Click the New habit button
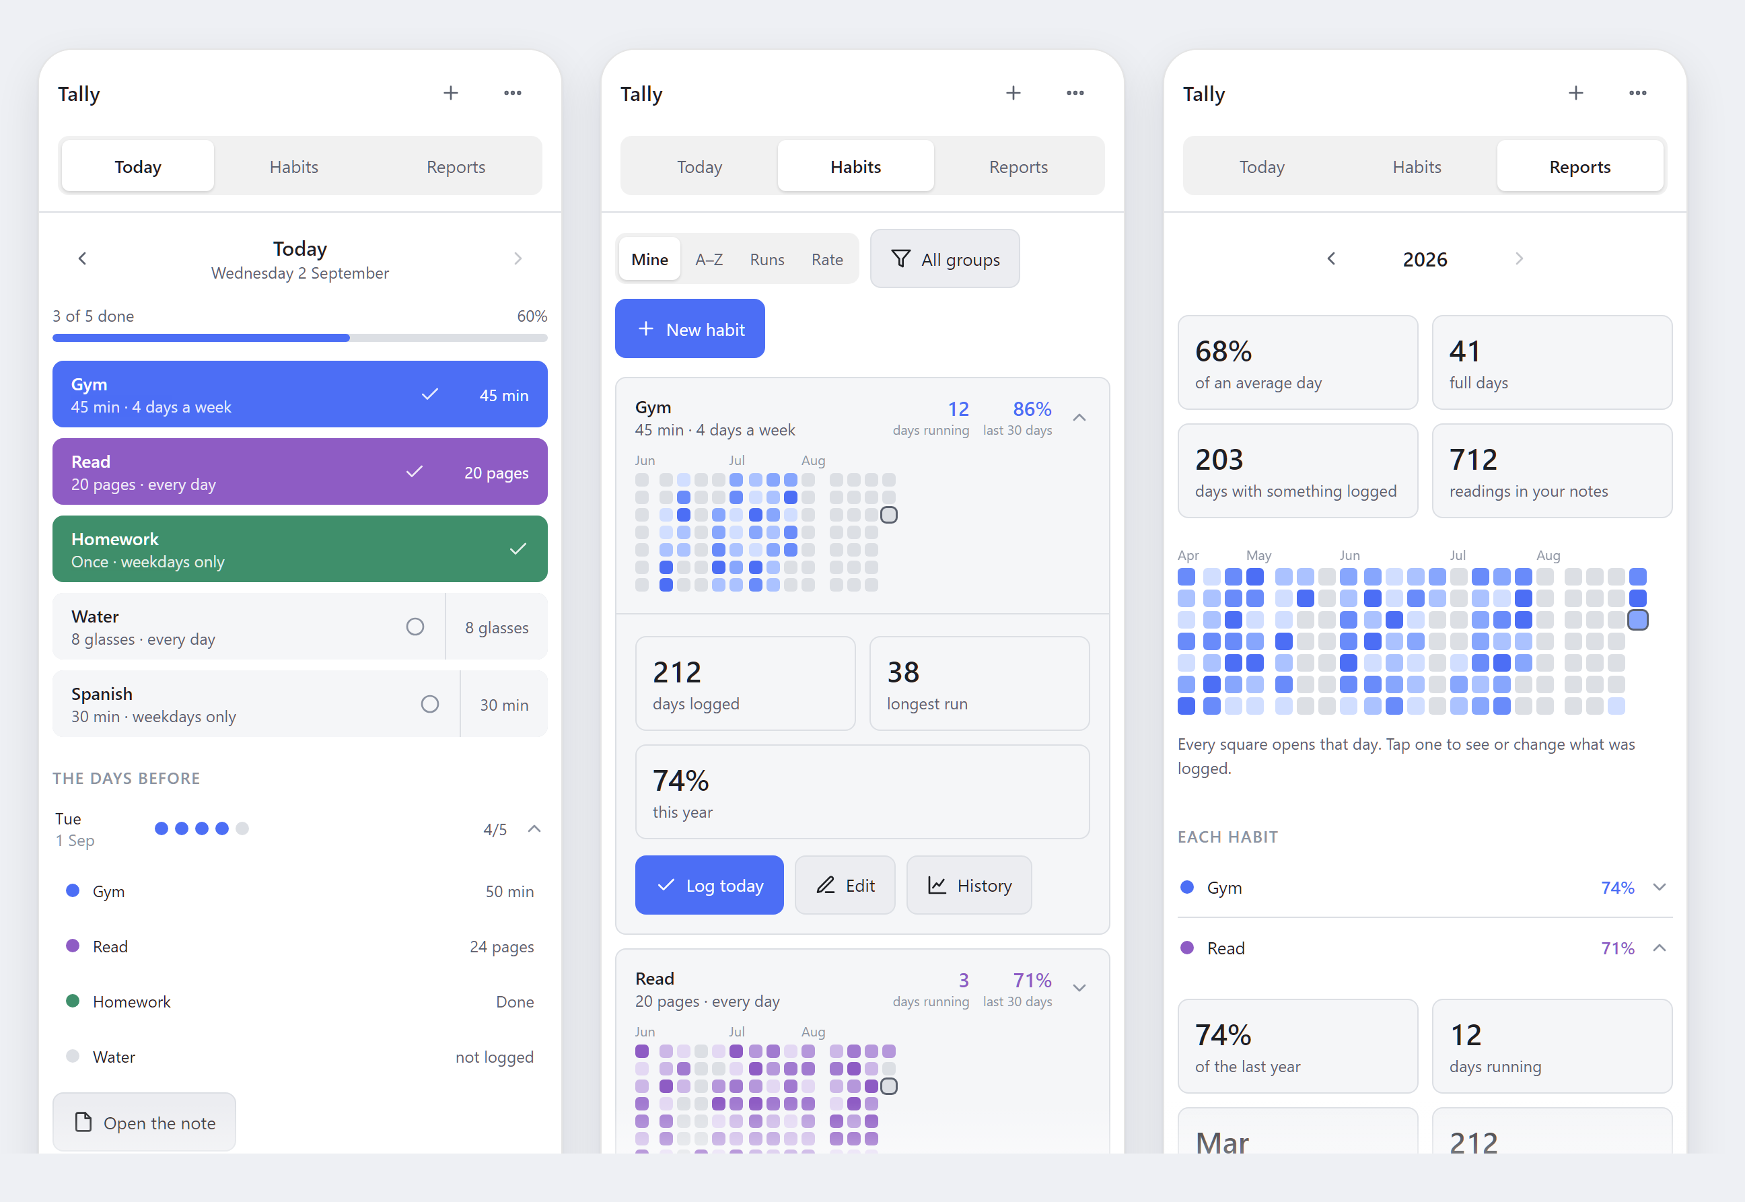690,328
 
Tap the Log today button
709,885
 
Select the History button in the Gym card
968,885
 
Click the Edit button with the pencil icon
845,885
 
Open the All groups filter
944,259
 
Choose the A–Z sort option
709,259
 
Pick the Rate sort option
827,259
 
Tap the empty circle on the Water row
415,627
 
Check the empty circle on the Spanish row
430,704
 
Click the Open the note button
144,1122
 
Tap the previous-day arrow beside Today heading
83,258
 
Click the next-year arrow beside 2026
1519,258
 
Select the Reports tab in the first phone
456,166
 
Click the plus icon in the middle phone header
1013,93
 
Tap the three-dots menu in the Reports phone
1637,93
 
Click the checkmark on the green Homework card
518,549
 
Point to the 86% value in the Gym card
1032,409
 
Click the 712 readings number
1473,460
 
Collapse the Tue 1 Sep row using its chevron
535,828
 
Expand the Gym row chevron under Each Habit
1659,887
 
